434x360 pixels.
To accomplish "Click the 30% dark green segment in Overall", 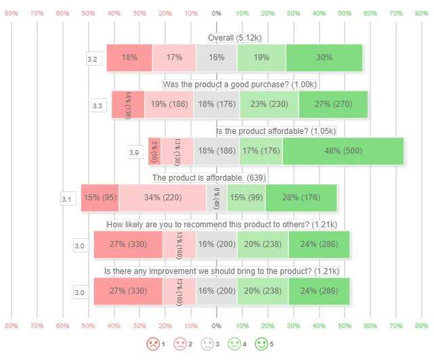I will [324, 58].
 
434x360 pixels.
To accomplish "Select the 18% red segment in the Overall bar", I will [129, 58].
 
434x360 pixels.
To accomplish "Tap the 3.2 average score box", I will [93, 60].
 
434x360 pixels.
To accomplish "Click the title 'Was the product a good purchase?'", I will [239, 84].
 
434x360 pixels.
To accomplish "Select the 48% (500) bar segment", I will [343, 151].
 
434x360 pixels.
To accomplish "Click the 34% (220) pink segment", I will [162, 198].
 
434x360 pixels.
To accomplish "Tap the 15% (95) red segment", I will [100, 198].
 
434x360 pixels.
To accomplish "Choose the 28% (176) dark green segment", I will [301, 198].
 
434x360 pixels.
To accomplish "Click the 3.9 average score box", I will [135, 153].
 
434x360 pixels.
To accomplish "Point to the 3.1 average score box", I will [67, 200].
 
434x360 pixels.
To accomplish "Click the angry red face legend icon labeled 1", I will [153, 344].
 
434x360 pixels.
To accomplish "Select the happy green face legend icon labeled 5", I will [261, 344].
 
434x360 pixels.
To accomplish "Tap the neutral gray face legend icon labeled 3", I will [207, 344].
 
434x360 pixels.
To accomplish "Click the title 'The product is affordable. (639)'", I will [207, 177].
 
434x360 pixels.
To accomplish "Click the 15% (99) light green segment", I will [246, 198].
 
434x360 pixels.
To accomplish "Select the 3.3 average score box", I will [97, 106].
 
